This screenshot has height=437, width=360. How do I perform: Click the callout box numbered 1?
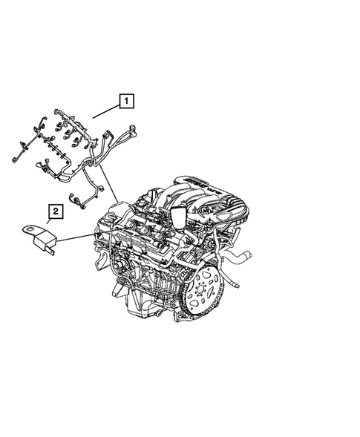pyautogui.click(x=127, y=99)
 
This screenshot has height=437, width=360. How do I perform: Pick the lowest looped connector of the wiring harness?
pyautogui.click(x=76, y=199)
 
